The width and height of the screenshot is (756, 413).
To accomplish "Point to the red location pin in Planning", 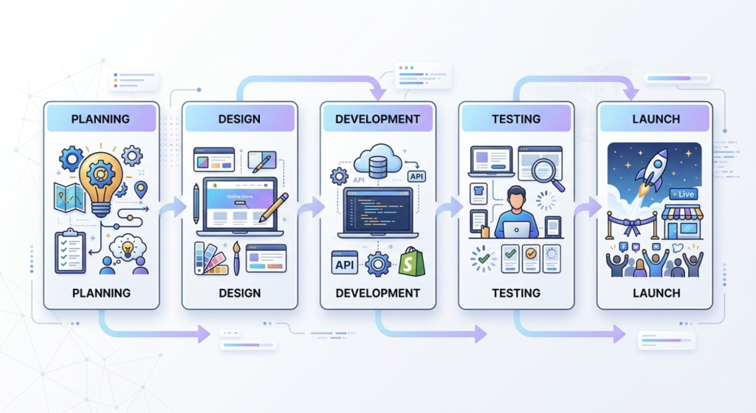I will point(141,189).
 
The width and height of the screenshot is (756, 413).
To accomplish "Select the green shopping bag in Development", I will point(412,262).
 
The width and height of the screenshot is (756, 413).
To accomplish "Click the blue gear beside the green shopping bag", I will point(378,263).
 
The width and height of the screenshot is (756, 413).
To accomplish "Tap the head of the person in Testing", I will point(516,197).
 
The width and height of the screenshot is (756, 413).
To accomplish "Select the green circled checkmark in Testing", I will point(484,259).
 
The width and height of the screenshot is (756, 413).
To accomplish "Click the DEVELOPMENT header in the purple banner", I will point(377,119).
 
